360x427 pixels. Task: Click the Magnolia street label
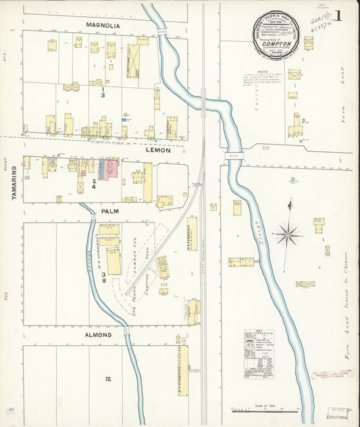pos(103,25)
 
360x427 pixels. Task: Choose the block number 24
pos(103,183)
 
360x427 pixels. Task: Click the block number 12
pos(107,379)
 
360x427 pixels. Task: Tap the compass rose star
pos(288,235)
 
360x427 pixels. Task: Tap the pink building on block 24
pos(110,169)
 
